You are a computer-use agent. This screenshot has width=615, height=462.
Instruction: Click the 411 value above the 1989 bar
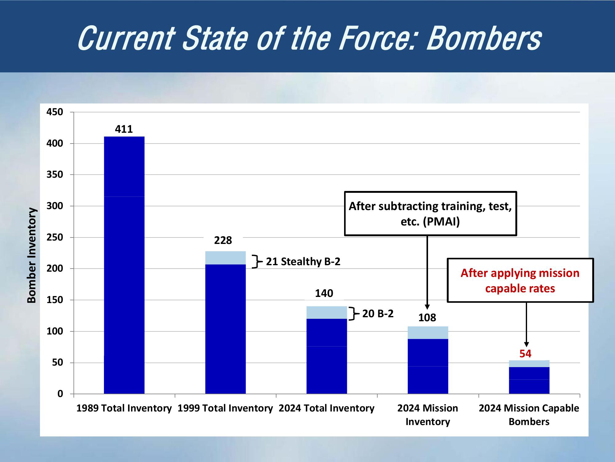(124, 129)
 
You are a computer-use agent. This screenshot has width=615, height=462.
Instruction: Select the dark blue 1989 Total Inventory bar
(124, 265)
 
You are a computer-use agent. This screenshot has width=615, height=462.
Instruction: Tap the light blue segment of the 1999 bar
(225, 258)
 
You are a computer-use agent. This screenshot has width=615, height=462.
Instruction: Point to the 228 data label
(223, 240)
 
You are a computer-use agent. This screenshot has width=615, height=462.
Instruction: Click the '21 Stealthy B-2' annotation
(303, 261)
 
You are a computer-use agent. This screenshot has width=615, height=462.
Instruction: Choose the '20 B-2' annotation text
(378, 314)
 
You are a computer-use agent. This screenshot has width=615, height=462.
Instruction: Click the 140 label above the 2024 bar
(324, 293)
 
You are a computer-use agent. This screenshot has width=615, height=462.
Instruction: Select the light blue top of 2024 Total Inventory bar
(327, 312)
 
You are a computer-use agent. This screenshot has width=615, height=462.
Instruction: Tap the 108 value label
(427, 318)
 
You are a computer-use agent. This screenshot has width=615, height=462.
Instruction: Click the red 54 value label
(526, 354)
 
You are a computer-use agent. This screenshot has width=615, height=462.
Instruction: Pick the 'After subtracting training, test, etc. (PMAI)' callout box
(430, 214)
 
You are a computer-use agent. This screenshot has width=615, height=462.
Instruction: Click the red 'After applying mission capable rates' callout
(520, 281)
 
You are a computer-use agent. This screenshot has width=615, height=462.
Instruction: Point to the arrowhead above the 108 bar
(427, 307)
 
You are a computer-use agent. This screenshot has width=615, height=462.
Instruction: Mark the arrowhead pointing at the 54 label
(526, 344)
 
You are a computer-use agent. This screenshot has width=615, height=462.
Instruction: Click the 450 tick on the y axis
(55, 112)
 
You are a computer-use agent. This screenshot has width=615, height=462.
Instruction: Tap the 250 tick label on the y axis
(55, 237)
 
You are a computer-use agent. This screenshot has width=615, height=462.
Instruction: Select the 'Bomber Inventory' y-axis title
(32, 255)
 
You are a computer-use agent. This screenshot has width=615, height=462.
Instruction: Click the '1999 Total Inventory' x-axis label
(225, 408)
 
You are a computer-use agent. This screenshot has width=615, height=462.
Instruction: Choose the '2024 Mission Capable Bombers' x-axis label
(529, 415)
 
